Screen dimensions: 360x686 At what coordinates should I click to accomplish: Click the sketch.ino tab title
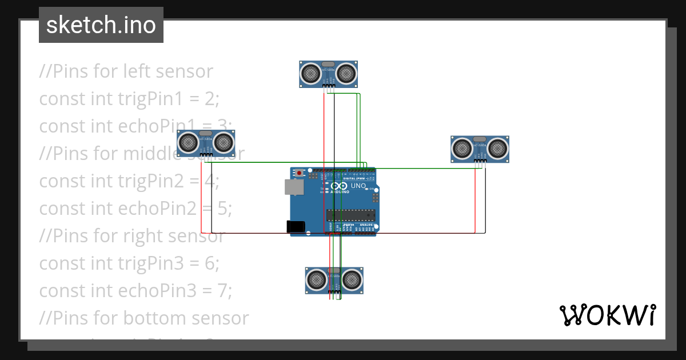coord(101,25)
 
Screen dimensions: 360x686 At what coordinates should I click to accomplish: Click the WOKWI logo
coord(607,315)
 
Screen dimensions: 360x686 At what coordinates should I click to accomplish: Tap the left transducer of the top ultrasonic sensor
coord(311,73)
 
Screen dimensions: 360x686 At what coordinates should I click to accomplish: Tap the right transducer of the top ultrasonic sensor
coord(346,73)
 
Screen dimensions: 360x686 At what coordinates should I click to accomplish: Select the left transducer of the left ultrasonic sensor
coord(189,143)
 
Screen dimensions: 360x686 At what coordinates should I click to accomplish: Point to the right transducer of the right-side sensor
coord(497,149)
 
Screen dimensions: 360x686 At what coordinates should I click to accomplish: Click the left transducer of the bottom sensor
coord(317,280)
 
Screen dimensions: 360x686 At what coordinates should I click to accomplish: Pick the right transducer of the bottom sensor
coord(352,280)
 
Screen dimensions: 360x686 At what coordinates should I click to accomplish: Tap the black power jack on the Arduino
coord(296,226)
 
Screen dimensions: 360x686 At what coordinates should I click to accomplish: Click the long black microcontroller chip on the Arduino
coord(351,215)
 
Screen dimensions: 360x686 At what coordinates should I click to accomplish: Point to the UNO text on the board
coord(358,186)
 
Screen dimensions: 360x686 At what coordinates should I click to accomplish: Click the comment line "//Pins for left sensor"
coord(126,71)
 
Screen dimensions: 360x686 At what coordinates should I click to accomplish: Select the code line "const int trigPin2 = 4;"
coord(129,181)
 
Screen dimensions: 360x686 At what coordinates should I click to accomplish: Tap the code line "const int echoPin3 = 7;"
coord(135,291)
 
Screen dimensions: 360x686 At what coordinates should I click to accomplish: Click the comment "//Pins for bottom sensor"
coord(144,318)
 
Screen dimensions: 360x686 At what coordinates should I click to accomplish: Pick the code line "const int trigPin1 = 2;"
coord(129,99)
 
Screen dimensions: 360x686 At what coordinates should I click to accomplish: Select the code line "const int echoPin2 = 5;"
coord(135,209)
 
